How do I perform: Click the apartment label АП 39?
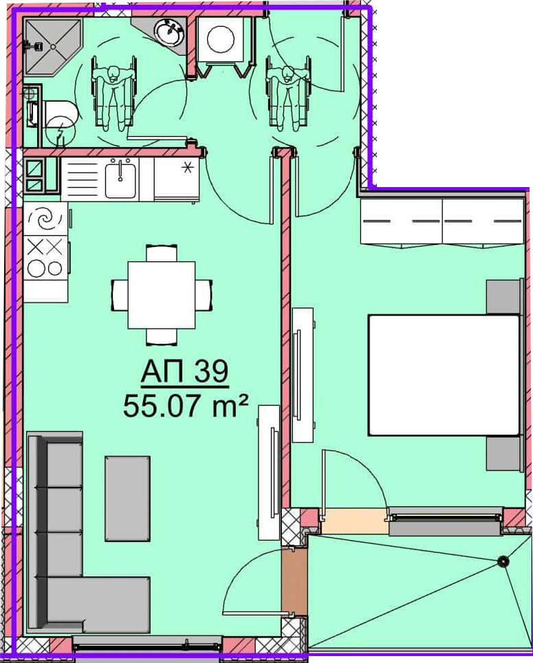pyautogui.click(x=185, y=371)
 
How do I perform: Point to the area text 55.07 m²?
pyautogui.click(x=185, y=405)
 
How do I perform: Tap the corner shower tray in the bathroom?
pyautogui.click(x=52, y=46)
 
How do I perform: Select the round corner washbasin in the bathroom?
pyautogui.click(x=168, y=32)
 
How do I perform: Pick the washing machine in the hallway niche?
pyautogui.click(x=220, y=39)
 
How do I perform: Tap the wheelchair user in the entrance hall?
pyautogui.click(x=288, y=92)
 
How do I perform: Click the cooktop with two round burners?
pyautogui.click(x=45, y=257)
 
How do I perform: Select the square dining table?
pyautogui.click(x=162, y=295)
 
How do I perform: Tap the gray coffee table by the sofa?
pyautogui.click(x=127, y=499)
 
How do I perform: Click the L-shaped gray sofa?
pyautogui.click(x=63, y=533)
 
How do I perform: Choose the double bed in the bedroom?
pyautogui.click(x=444, y=375)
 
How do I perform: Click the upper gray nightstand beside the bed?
pyautogui.click(x=503, y=297)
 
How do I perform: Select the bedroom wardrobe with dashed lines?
pyautogui.click(x=442, y=221)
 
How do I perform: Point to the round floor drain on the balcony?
pyautogui.click(x=503, y=561)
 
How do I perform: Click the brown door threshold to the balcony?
pyautogui.click(x=294, y=582)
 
